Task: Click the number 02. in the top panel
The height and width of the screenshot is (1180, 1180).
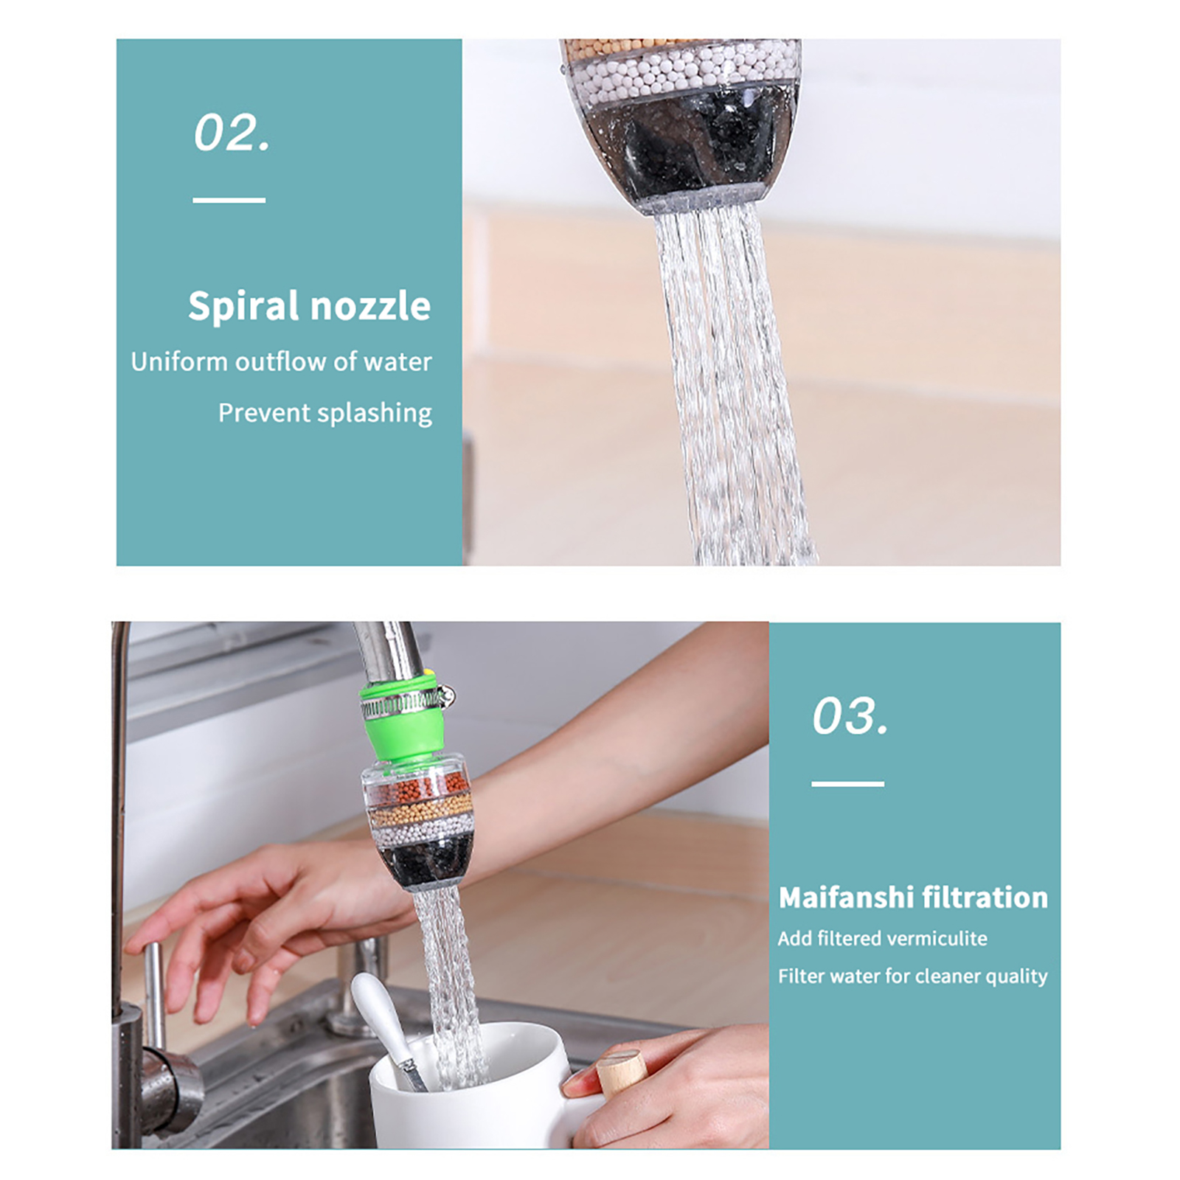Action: [x=232, y=133]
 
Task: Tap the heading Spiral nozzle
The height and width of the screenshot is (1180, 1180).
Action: [x=309, y=305]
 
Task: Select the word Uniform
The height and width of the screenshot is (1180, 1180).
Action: [x=179, y=361]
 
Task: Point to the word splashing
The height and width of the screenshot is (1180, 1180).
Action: [x=374, y=413]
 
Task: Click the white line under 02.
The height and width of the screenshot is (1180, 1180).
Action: [x=229, y=200]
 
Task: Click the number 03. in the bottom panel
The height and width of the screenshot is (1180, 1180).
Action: [x=850, y=715]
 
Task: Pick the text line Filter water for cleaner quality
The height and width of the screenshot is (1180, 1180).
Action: [x=912, y=976]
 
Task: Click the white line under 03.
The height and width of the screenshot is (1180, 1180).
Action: [x=848, y=783]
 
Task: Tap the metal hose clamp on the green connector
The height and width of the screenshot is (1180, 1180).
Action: [x=404, y=704]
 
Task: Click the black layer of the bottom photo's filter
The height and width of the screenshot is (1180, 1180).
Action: [x=424, y=863]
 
